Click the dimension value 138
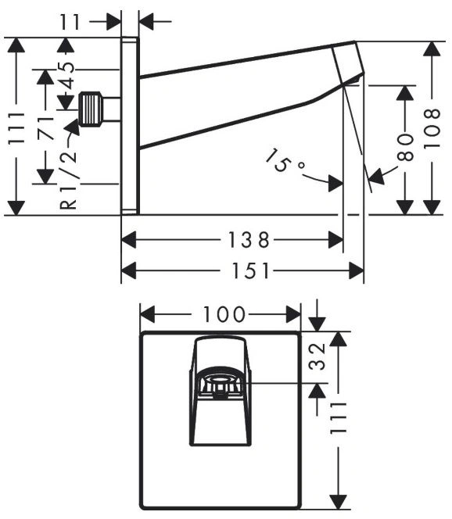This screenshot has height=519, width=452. click(249, 240)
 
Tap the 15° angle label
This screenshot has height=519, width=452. click(283, 161)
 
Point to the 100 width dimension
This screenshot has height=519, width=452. click(224, 314)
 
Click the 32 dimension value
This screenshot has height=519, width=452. click(317, 356)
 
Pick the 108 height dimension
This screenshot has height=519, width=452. click(432, 127)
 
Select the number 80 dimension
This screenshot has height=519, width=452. click(405, 147)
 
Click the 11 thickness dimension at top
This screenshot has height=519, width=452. click(70, 22)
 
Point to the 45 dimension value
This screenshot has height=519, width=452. click(66, 76)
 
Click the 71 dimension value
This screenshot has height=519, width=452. click(46, 128)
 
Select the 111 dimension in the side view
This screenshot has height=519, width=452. click(16, 128)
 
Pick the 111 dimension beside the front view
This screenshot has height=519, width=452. click(338, 418)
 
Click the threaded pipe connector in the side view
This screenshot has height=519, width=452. click(91, 109)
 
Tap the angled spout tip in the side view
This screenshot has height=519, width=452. click(348, 63)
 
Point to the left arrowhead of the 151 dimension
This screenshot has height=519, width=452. click(128, 270)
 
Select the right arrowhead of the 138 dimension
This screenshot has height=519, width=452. click(335, 240)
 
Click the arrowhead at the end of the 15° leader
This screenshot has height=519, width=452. click(335, 183)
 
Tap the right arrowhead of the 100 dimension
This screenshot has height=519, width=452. click(293, 314)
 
